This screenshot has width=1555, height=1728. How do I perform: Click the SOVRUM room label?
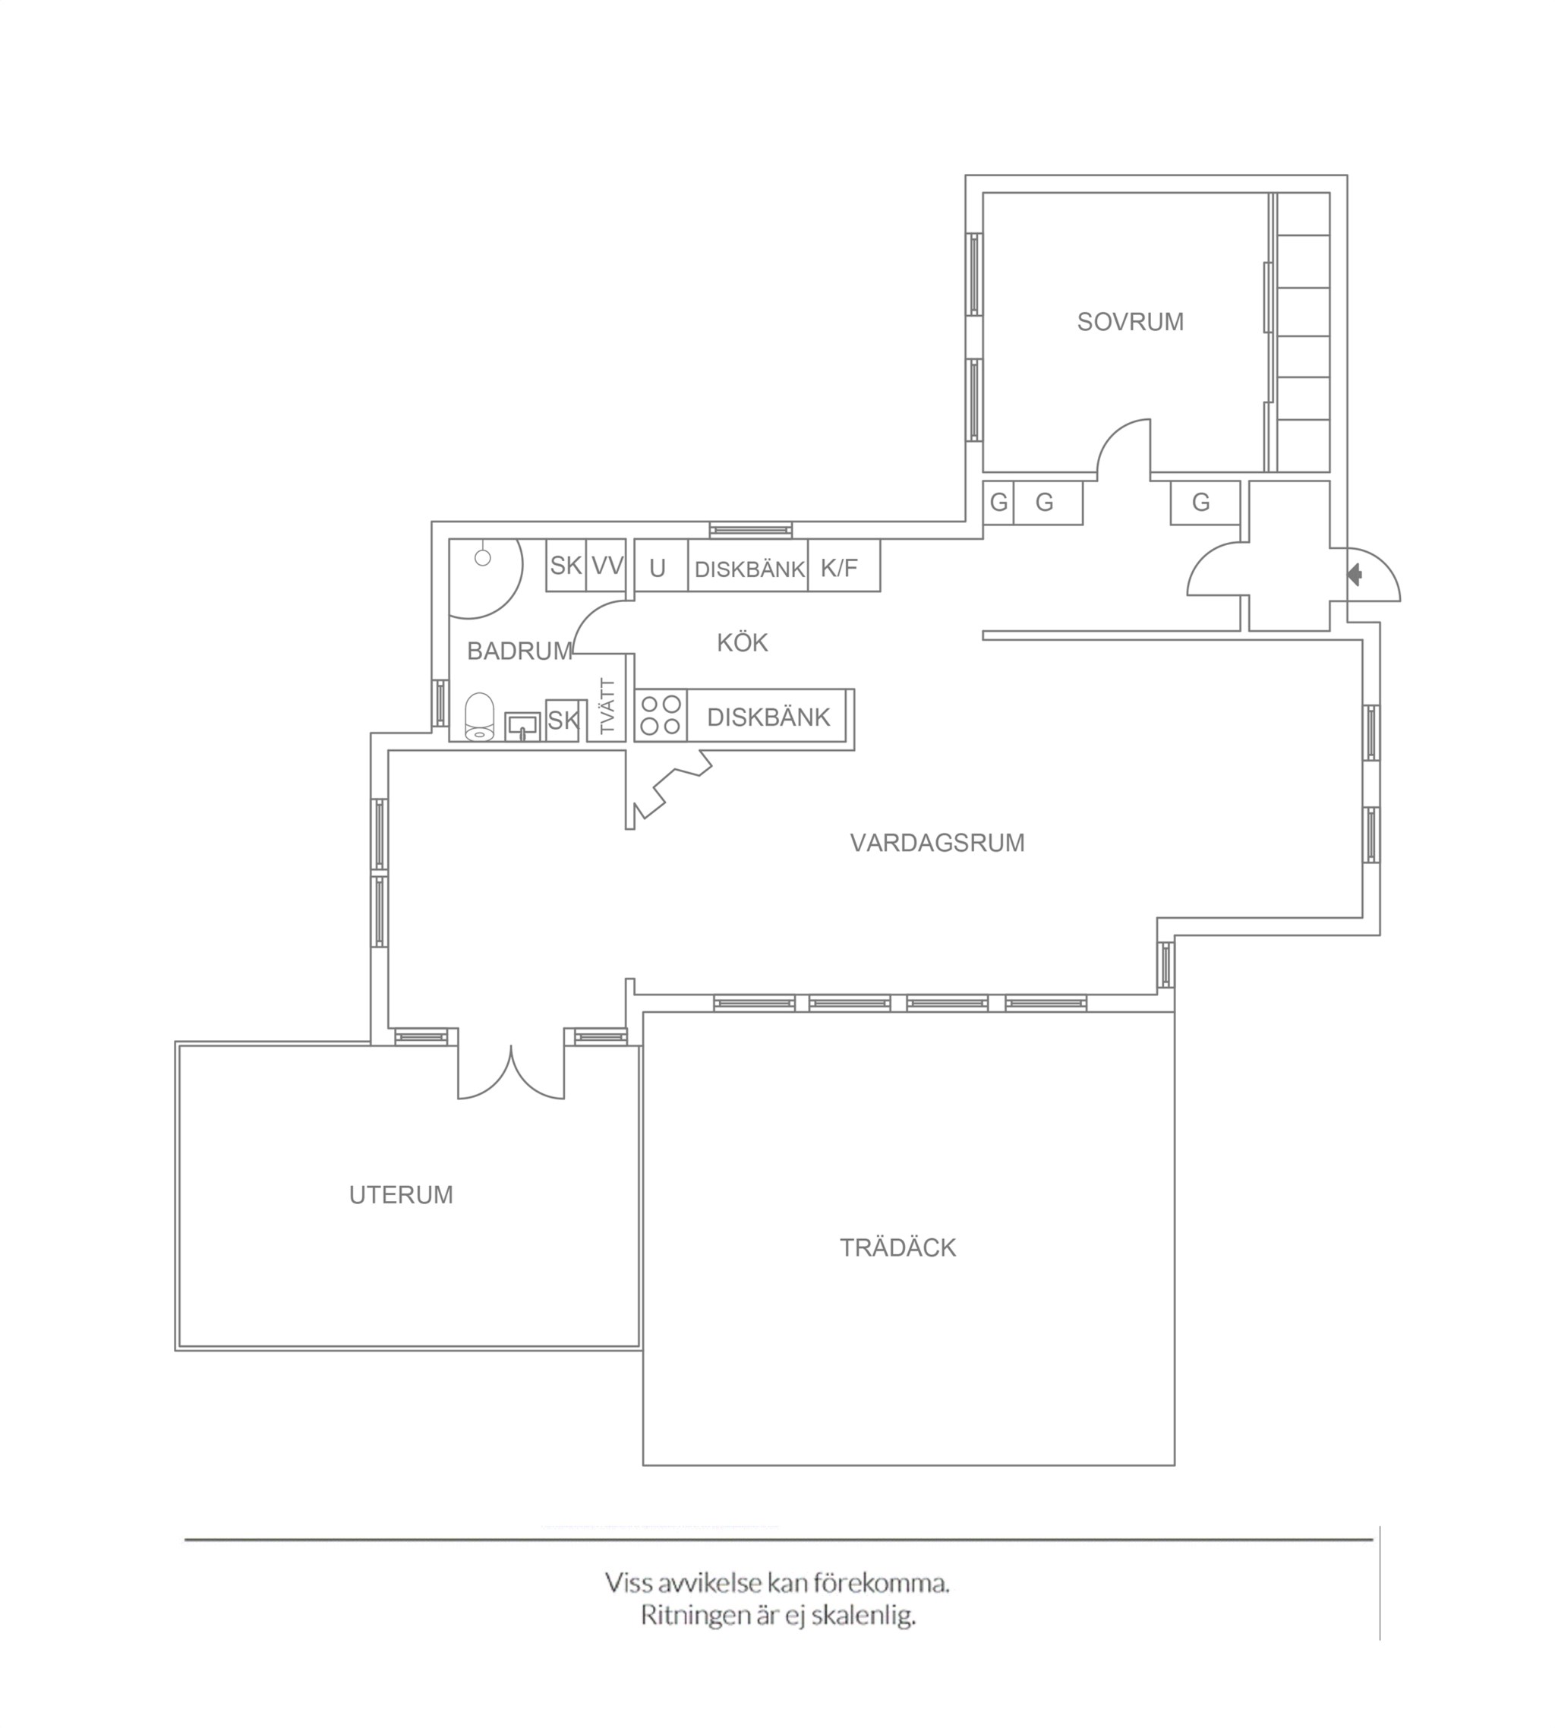tap(1130, 322)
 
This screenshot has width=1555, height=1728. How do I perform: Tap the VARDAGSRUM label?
tap(937, 843)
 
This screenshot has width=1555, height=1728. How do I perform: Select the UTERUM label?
tap(401, 1195)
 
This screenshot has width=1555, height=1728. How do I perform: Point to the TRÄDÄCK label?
tap(897, 1248)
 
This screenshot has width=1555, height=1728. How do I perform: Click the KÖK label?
tap(743, 642)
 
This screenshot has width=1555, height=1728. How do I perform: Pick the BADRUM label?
tap(519, 651)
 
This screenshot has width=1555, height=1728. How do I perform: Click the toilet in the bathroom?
tap(479, 716)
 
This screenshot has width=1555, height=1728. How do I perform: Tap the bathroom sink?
tap(522, 726)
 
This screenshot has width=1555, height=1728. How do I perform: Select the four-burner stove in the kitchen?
tap(661, 715)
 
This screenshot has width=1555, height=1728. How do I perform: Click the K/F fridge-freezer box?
tap(844, 566)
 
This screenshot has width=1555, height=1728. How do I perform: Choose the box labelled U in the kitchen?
tap(661, 566)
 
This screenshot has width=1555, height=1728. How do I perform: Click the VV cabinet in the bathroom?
tap(607, 565)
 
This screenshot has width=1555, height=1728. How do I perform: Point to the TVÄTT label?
tap(607, 708)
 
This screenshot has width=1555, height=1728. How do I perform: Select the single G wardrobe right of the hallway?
tap(1205, 503)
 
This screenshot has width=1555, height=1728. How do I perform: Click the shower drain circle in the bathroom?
tap(483, 558)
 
